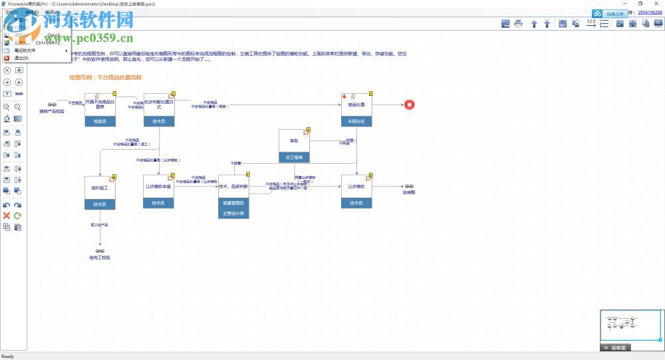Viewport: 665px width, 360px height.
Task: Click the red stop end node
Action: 410,104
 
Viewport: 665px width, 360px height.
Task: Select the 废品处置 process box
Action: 356,105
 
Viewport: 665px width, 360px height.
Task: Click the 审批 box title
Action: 294,141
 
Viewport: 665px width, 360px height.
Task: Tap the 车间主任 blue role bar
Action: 356,122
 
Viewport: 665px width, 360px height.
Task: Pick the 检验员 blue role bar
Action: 100,122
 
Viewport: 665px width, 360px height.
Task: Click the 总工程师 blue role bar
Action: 294,158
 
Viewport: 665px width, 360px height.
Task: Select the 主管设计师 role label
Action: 233,214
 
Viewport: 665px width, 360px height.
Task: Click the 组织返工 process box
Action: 100,188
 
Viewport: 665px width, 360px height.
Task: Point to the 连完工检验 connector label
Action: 100,257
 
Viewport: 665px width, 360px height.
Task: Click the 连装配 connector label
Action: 409,192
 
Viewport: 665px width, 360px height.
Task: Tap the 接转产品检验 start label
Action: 52,111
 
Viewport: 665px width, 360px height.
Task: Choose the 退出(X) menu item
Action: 21,58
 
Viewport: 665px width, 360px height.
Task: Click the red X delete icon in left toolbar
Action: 7,216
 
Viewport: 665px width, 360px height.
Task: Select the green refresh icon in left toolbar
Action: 18,216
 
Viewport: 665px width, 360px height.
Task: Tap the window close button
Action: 656,3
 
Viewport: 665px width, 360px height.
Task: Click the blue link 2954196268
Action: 650,12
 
